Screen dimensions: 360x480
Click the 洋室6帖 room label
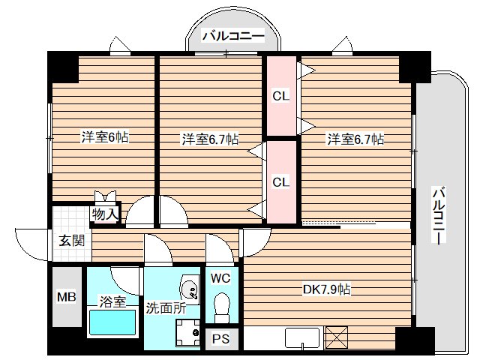(104, 137)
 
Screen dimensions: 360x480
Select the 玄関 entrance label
(71, 241)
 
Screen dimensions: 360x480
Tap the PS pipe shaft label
(220, 338)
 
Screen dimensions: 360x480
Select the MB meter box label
(67, 297)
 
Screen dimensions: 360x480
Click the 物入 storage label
(105, 214)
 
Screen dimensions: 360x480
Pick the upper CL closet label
(280, 95)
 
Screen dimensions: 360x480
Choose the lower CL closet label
(280, 181)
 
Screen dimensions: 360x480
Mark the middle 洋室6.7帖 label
(209, 139)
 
